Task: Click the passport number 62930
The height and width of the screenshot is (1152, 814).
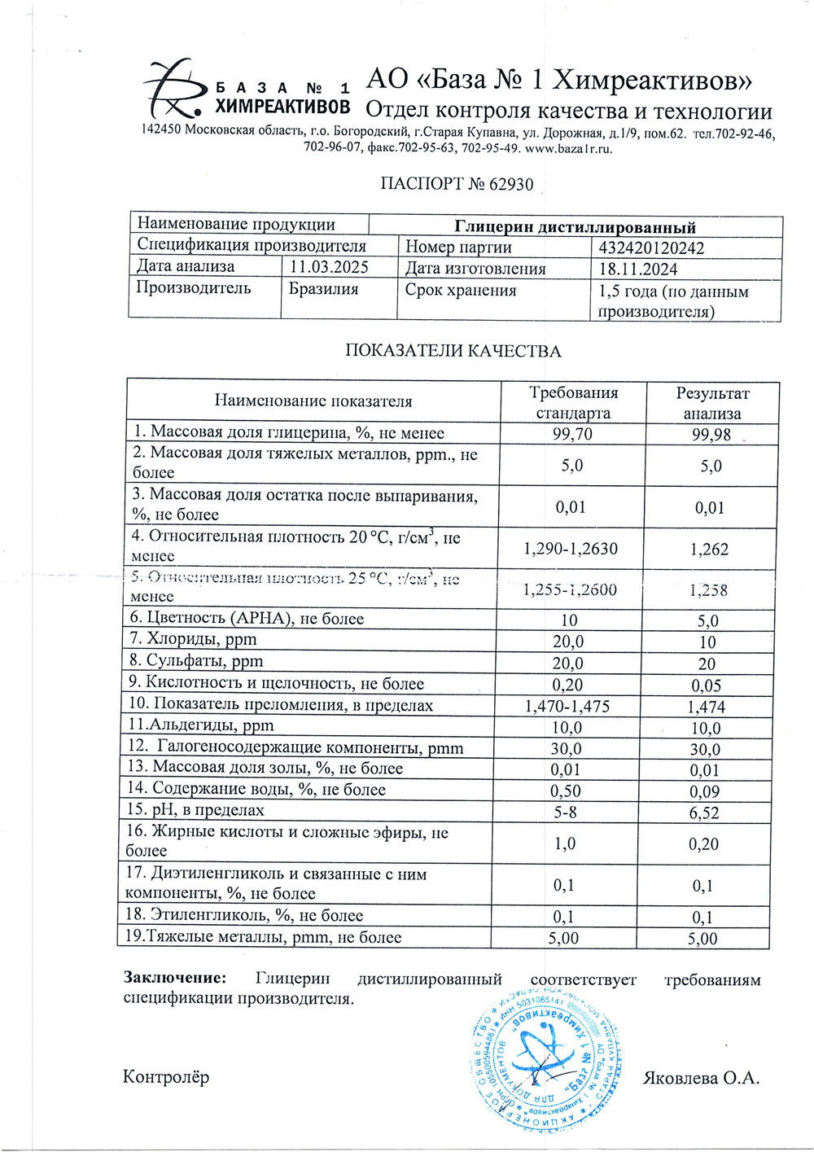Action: [510, 184]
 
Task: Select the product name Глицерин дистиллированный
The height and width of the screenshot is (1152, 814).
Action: [575, 227]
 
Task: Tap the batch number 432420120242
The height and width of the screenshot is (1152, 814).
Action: [651, 248]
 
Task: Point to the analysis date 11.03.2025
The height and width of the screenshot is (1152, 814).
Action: [329, 267]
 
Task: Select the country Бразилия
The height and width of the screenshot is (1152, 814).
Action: [323, 289]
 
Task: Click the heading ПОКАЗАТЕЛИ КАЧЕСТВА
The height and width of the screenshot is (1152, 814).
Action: [453, 351]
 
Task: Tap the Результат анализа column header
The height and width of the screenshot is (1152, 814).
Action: [712, 403]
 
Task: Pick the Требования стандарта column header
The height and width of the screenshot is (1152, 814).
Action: [573, 402]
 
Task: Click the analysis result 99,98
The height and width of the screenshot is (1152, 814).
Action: [711, 435]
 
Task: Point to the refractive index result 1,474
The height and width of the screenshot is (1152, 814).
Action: [706, 707]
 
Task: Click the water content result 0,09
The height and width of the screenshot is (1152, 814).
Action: [704, 791]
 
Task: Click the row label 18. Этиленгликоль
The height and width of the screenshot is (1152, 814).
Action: [243, 915]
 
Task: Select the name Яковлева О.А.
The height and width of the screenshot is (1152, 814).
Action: [700, 1078]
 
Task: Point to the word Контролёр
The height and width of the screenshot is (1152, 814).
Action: [166, 1077]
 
